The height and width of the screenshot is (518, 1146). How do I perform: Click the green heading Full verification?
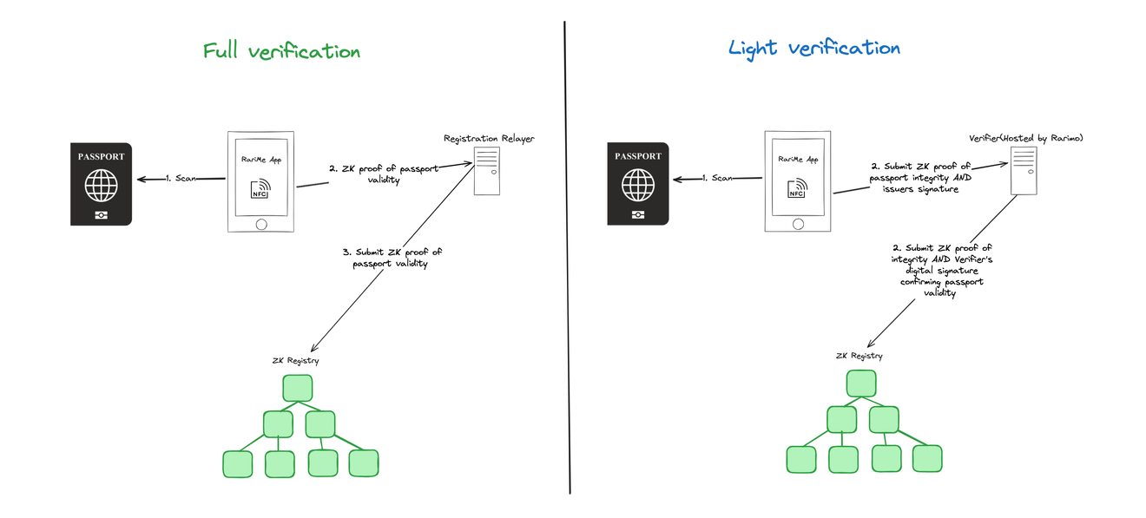281,51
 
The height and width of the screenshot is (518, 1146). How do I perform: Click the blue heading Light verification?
813,48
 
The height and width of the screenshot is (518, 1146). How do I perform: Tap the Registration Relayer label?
489,139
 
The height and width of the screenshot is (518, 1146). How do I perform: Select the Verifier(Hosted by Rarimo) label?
1026,139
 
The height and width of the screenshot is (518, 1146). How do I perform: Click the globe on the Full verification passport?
101,186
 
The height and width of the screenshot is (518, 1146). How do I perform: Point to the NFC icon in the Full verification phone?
260,189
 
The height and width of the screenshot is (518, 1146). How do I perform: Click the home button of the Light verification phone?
796,222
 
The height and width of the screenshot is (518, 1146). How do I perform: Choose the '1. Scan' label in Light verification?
718,179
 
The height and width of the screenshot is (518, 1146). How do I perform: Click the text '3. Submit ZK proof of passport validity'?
392,258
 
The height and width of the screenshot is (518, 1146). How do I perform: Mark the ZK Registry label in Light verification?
859,356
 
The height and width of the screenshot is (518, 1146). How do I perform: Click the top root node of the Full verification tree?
297,388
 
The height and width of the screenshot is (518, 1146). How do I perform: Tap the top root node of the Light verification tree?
861,384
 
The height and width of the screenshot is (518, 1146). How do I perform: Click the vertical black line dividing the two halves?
567,260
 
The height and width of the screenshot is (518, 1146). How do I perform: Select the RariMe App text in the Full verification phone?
260,160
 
